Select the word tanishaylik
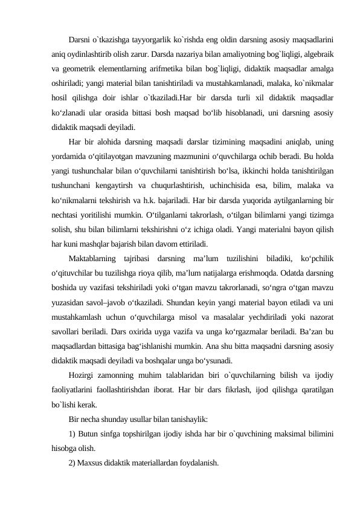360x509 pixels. (x=189, y=418)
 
